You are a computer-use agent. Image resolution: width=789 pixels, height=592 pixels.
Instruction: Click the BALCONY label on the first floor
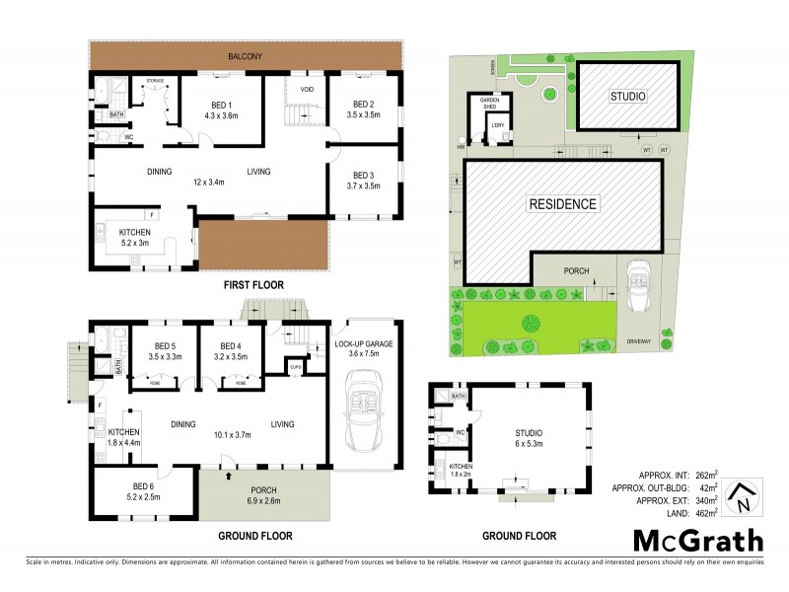point(246,56)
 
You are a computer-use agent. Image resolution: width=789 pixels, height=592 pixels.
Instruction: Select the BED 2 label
point(364,104)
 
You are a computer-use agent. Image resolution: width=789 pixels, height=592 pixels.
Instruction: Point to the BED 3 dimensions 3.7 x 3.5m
point(364,185)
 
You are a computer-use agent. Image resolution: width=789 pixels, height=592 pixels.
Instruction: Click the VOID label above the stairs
point(307,89)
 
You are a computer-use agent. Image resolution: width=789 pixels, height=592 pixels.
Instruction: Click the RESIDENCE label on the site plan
point(563,204)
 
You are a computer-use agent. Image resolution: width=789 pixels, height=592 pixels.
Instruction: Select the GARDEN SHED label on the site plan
point(491,103)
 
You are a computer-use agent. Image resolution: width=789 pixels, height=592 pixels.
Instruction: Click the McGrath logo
point(697,540)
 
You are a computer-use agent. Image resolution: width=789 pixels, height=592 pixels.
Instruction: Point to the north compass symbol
point(744,494)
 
